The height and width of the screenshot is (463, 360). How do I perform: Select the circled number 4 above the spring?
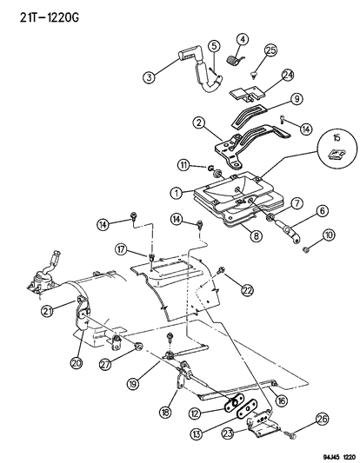coord(242,39)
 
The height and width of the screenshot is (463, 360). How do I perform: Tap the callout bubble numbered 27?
coord(108,366)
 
